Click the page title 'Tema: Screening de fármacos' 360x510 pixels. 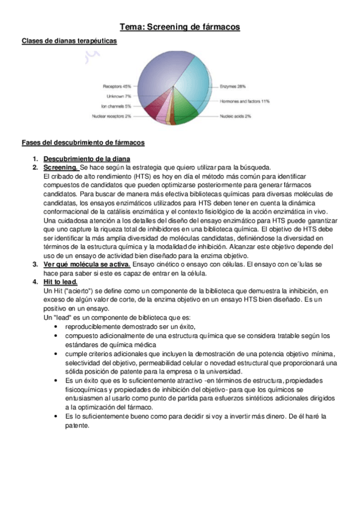[x=180, y=27]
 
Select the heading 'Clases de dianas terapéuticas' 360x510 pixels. [x=69, y=41]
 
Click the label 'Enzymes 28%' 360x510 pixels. [x=233, y=87]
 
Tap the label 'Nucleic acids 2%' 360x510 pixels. [x=235, y=116]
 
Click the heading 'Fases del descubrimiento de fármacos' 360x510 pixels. [x=82, y=143]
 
